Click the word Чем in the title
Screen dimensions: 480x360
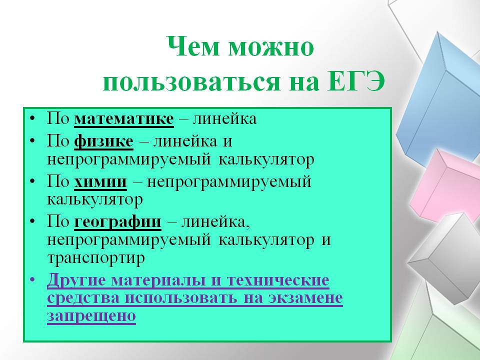pyautogui.click(x=193, y=46)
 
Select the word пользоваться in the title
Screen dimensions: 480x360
pyautogui.click(x=191, y=82)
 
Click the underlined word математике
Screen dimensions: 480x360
pyautogui.click(x=124, y=119)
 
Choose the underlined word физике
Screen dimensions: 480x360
pyautogui.click(x=104, y=141)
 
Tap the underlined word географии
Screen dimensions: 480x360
pyautogui.click(x=117, y=222)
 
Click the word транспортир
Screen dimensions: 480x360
pyautogui.click(x=96, y=258)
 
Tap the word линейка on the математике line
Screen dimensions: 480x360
pyautogui.click(x=224, y=119)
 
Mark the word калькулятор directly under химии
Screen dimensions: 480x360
pyautogui.click(x=95, y=200)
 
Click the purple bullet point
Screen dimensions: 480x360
pyautogui.click(x=33, y=280)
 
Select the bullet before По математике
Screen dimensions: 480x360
pyautogui.click(x=33, y=119)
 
